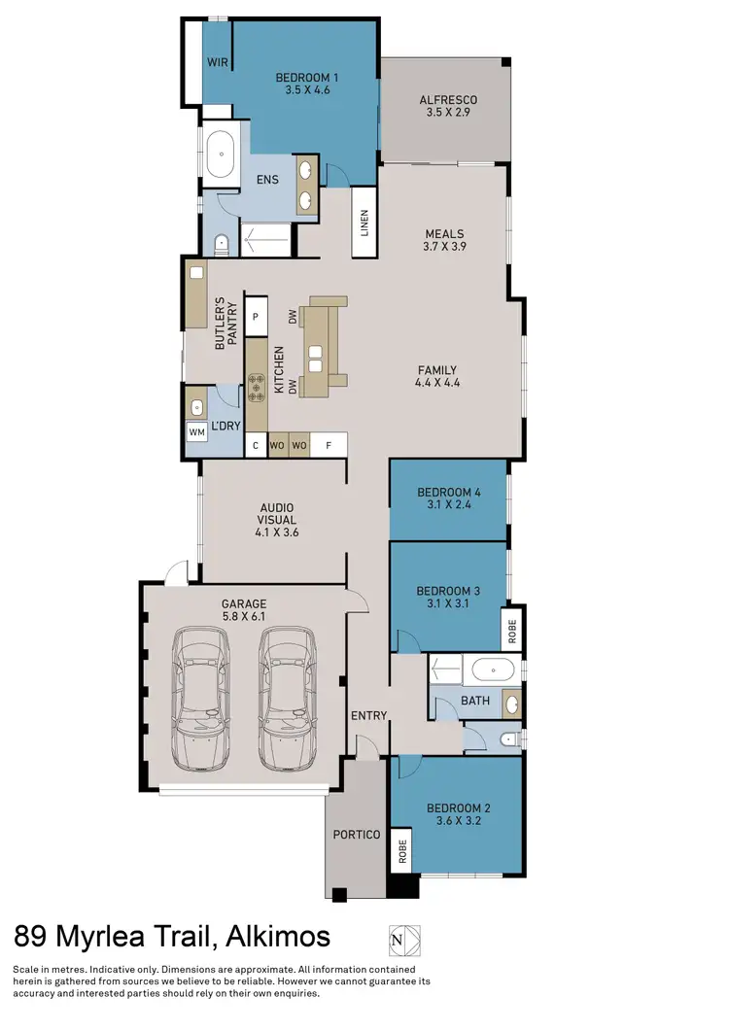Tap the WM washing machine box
pos(197,431)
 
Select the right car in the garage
pos(288,697)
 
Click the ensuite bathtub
pos(221,155)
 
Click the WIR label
pos(217,61)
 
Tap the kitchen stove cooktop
pos(257,389)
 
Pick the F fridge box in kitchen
pos(330,445)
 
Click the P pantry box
pos(256,316)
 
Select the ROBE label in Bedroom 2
pos(399,852)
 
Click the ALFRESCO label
pos(447,99)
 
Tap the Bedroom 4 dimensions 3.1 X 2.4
pos(448,506)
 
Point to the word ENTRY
pos(369,716)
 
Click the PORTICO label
pos(356,835)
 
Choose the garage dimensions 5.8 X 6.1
pos(243,617)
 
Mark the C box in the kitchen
pos(256,445)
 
